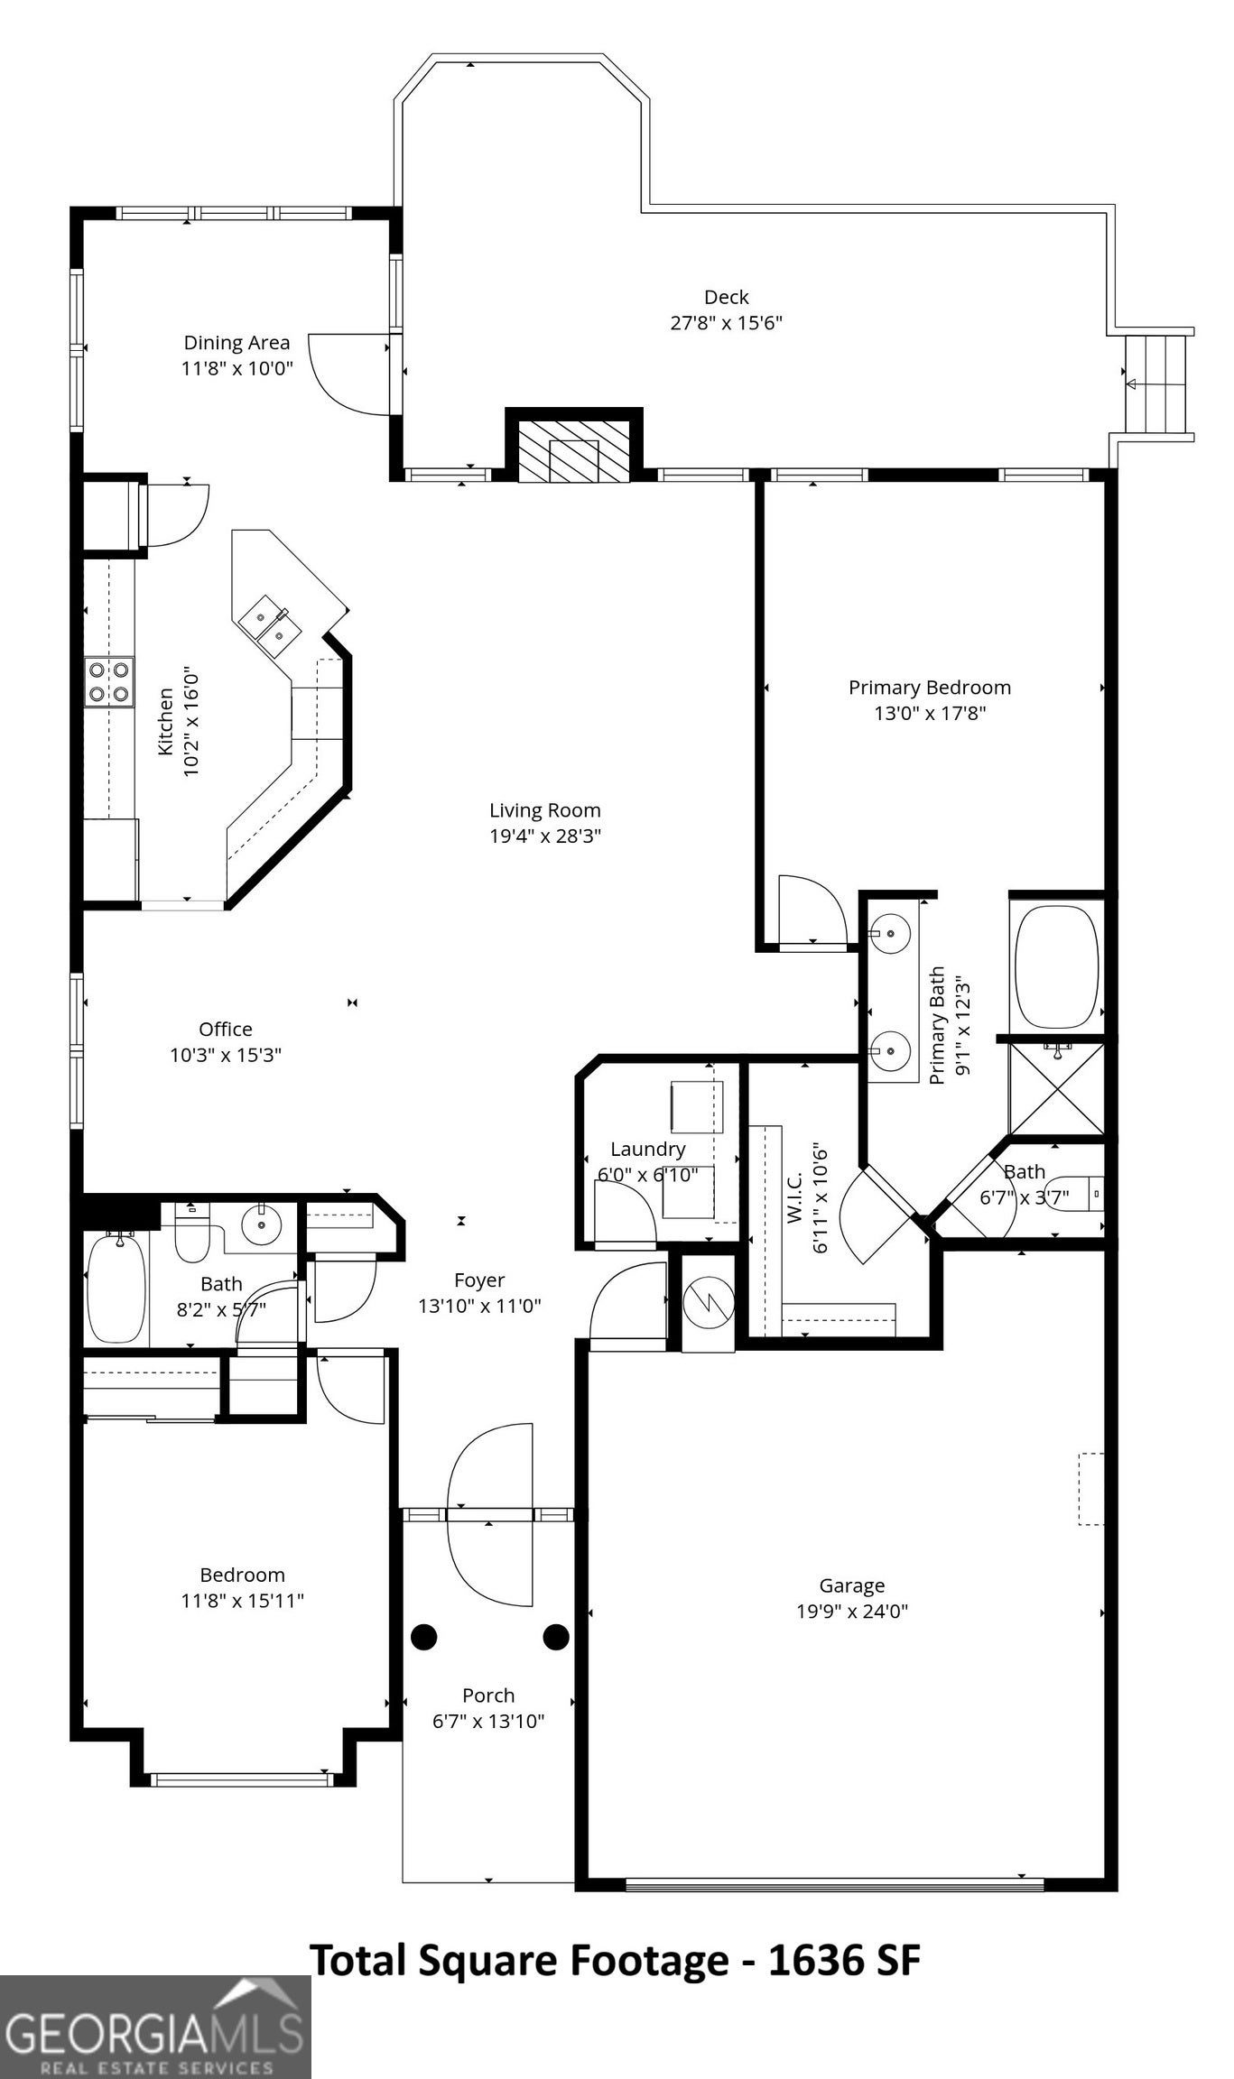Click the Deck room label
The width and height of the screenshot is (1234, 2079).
click(x=727, y=297)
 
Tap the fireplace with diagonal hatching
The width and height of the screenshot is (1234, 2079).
click(x=574, y=449)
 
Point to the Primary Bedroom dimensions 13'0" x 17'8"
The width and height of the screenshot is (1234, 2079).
click(x=930, y=714)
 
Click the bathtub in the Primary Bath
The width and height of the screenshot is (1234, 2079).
click(x=1056, y=966)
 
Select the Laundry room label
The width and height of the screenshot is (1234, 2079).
click(x=647, y=1149)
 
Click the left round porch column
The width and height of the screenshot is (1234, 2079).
click(x=424, y=1637)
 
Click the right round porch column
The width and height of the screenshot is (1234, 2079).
click(x=556, y=1637)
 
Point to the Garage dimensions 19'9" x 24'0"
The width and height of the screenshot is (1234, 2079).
click(x=852, y=1612)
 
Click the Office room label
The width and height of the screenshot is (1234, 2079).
click(x=226, y=1029)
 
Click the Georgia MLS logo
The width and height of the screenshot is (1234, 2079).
click(x=155, y=2027)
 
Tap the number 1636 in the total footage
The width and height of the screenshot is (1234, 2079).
click(x=811, y=1961)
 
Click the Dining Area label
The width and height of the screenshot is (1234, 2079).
click(x=237, y=343)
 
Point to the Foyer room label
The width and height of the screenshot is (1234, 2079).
click(x=479, y=1280)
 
